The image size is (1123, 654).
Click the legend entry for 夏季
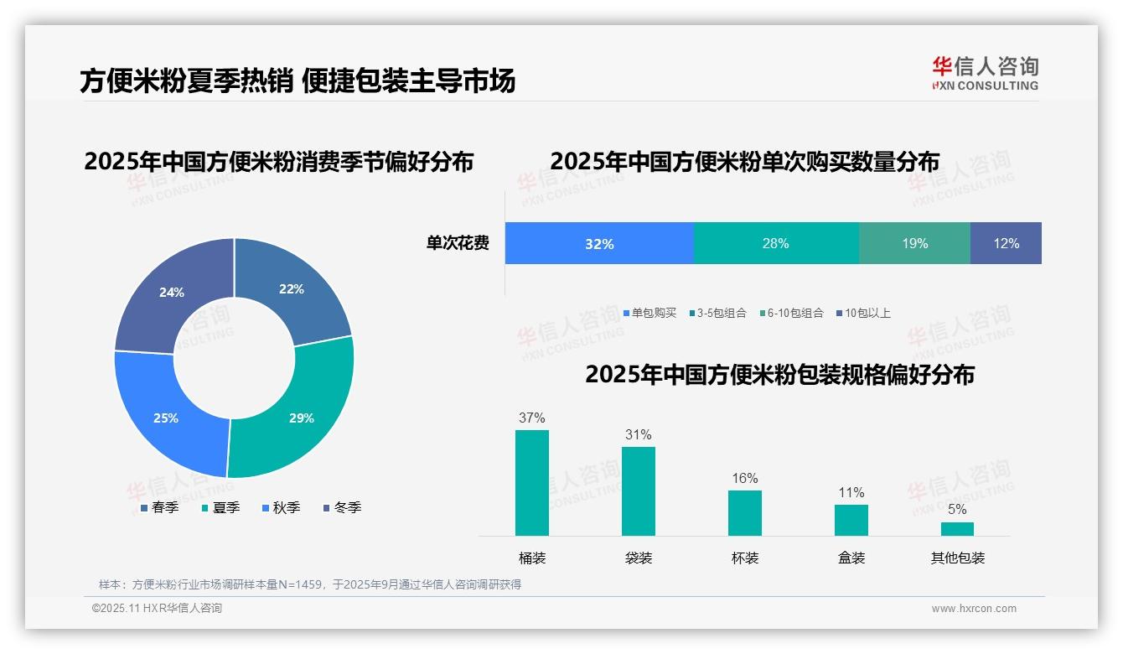[x=220, y=507]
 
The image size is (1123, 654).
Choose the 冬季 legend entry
[x=342, y=507]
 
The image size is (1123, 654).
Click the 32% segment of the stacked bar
[x=599, y=243]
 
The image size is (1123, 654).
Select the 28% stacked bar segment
[x=776, y=243]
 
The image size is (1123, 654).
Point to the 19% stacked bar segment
[x=914, y=243]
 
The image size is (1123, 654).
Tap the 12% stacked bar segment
[x=1006, y=243]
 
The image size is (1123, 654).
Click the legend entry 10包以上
[x=862, y=314]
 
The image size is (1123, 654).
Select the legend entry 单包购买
[x=649, y=314]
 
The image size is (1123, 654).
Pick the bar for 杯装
[x=745, y=512]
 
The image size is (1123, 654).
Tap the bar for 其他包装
[x=957, y=529]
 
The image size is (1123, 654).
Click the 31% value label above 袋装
[x=638, y=434]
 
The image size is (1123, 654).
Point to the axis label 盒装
[x=851, y=558]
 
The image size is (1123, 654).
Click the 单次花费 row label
[x=458, y=243]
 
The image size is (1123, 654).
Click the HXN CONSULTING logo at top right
[x=985, y=74]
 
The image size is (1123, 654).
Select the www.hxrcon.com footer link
[x=974, y=609]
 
